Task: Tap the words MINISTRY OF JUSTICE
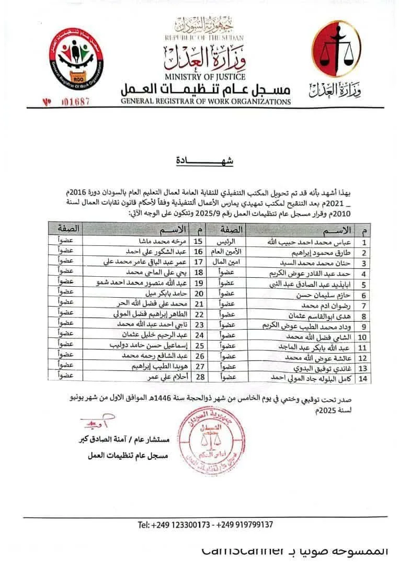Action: pyautogui.click(x=204, y=77)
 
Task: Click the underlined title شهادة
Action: pyautogui.click(x=205, y=162)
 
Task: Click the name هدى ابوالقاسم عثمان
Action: pyautogui.click(x=326, y=316)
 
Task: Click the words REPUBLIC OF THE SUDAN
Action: pyautogui.click(x=204, y=38)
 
